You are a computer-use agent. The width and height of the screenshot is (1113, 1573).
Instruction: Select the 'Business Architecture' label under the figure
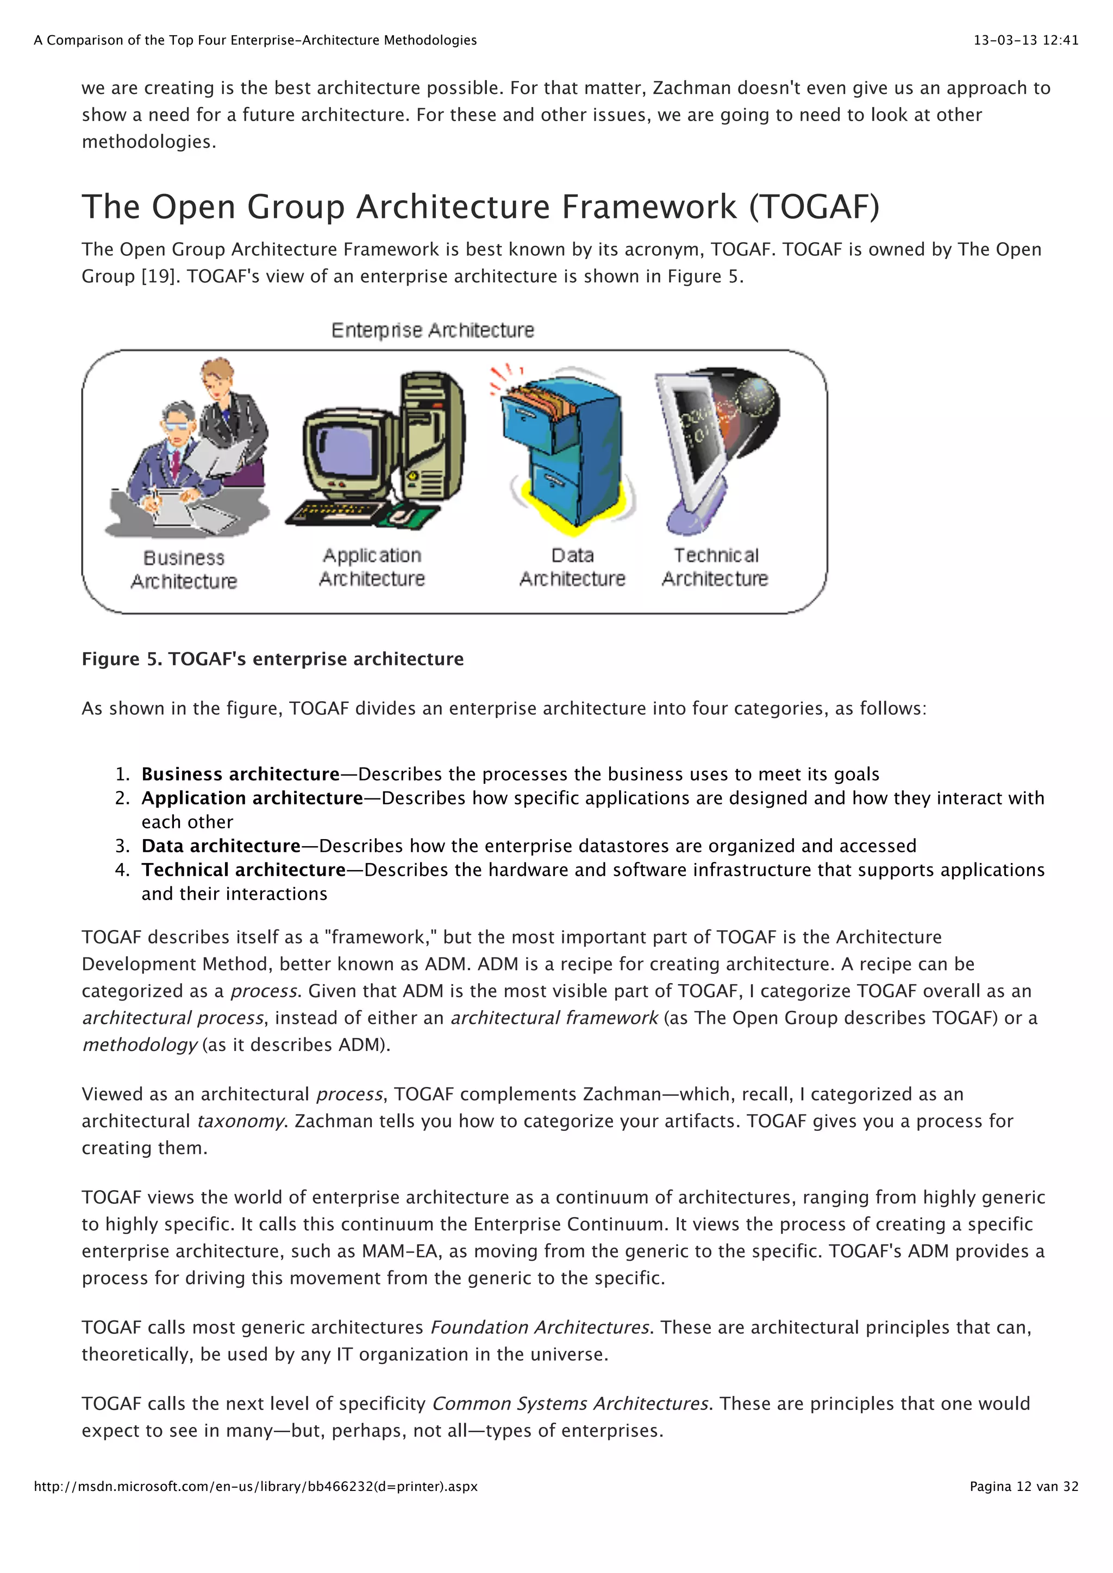(184, 569)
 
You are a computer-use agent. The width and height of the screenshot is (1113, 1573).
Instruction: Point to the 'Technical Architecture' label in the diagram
(715, 567)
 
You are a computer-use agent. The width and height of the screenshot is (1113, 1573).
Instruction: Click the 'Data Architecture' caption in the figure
(572, 567)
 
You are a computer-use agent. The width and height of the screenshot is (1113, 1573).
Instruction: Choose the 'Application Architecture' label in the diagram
(372, 567)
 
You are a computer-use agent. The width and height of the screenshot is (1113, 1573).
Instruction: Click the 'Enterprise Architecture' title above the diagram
(433, 330)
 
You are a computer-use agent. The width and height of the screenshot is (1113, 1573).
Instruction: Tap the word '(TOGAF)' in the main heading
(814, 206)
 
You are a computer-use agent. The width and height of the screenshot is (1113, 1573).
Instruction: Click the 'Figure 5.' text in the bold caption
(122, 659)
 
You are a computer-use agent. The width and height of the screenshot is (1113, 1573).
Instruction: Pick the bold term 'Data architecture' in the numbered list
(221, 846)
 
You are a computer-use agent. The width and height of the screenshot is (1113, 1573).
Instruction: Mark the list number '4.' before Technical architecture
(123, 870)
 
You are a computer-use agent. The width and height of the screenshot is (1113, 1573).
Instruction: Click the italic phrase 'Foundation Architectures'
(539, 1327)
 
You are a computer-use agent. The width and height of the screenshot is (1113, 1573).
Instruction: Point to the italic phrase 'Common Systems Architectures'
(570, 1404)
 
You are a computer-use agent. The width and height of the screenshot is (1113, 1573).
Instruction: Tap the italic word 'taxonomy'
(240, 1121)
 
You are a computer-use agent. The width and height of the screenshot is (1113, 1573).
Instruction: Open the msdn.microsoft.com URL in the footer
(255, 1487)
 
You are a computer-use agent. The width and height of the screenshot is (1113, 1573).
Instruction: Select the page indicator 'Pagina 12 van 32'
(1024, 1487)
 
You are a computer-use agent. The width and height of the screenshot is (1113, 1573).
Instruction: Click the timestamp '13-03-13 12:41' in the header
(1026, 40)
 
